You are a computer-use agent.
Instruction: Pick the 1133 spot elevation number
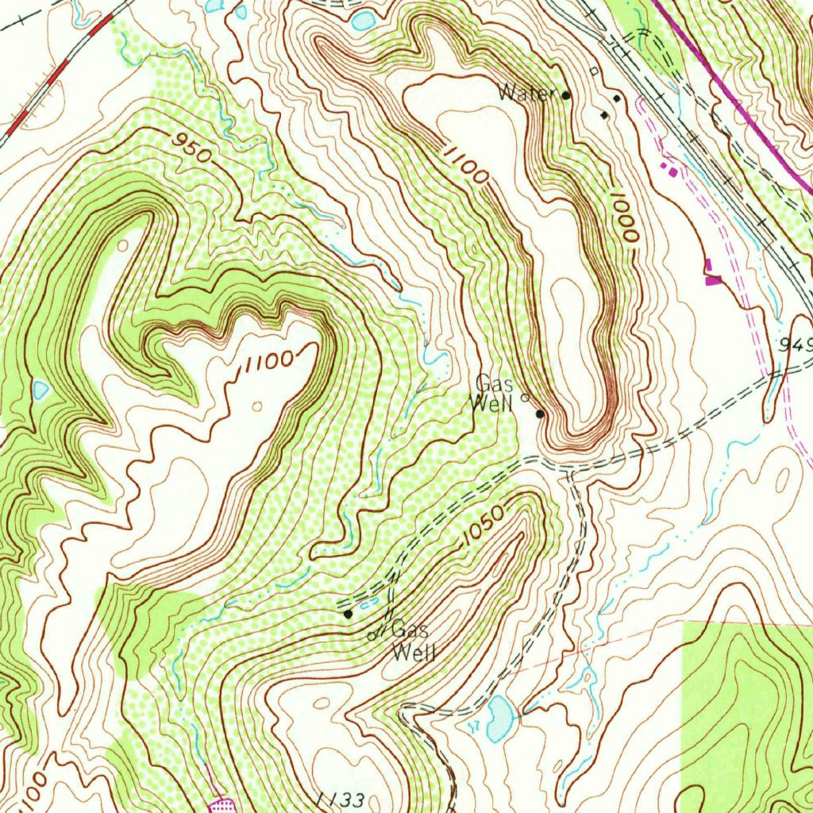coord(340,798)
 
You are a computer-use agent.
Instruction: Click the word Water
coord(525,94)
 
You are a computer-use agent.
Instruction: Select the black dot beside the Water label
coord(566,95)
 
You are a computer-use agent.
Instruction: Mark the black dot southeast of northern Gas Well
coord(540,414)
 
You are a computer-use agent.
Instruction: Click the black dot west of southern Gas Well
coord(348,614)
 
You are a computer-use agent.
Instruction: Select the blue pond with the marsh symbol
coord(499,718)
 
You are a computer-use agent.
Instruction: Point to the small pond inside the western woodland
coord(40,389)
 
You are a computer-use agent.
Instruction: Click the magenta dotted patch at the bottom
coord(220,806)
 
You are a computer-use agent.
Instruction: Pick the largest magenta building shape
coord(713,278)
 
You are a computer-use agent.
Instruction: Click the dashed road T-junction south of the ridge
coord(570,470)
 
